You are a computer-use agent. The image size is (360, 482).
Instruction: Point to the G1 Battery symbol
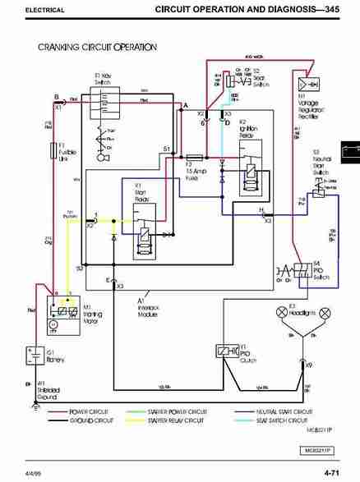pos(37,356)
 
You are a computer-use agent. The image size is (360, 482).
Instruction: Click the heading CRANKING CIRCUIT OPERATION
pos(97,47)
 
